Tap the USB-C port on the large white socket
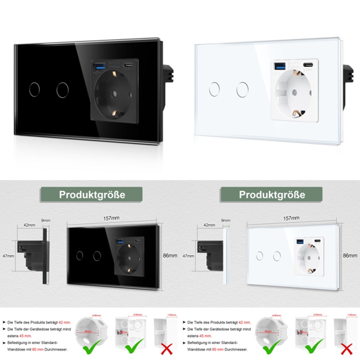308,65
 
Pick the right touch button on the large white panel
242,89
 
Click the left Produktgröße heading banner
92,195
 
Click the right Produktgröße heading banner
272,195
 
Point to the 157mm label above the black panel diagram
111,218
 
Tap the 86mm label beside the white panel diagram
350,256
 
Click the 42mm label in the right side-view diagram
209,225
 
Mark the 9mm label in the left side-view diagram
46,220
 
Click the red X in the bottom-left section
166,349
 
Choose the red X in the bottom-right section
347,349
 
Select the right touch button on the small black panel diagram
97,256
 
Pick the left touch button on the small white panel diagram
259,256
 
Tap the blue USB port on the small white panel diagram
299,241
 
